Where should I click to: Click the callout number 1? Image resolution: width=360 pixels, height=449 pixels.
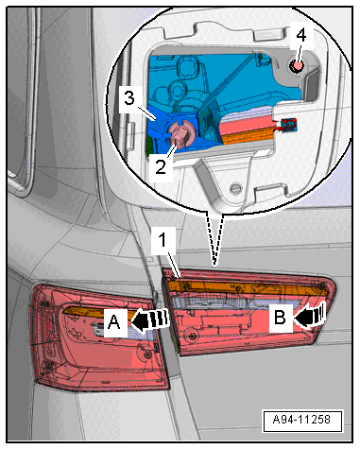point(162,240)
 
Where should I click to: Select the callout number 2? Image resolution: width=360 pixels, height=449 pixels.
point(161,166)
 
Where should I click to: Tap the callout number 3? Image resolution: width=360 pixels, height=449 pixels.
point(129,98)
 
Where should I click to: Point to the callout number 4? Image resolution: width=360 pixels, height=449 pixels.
point(301,35)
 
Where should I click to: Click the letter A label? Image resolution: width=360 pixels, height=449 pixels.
point(114,322)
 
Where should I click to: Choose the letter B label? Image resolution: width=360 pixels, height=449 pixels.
point(280,318)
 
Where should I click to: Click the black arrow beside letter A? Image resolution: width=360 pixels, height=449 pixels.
point(150,321)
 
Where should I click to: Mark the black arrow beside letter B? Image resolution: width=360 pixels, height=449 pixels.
point(309,316)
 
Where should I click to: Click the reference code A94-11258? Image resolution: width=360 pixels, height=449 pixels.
point(302,420)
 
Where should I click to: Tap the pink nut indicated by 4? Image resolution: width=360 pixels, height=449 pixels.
point(297,66)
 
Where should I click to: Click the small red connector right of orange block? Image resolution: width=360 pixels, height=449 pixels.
point(288,124)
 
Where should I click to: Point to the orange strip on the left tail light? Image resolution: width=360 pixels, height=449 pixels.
point(95,311)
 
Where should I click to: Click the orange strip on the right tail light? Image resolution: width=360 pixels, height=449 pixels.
point(248,288)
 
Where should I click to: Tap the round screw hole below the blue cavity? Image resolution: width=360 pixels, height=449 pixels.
point(234,188)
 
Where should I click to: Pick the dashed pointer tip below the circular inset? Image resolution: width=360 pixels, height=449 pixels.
point(214,264)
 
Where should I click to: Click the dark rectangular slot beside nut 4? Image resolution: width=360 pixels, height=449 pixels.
point(311,85)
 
